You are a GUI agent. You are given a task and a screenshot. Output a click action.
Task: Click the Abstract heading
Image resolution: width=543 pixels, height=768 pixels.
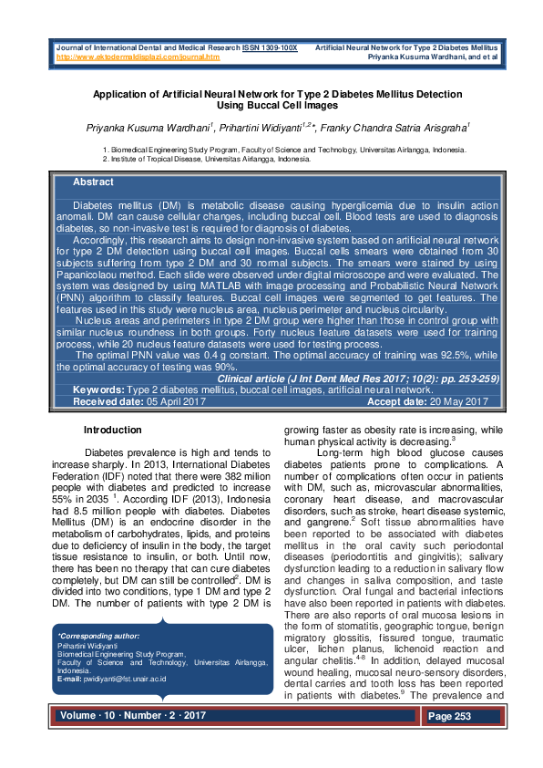click(x=93, y=182)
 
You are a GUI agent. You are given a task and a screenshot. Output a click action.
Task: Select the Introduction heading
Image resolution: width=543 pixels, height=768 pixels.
click(x=112, y=430)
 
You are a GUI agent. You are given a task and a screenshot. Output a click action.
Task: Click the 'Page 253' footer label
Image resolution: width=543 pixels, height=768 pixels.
click(x=450, y=717)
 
